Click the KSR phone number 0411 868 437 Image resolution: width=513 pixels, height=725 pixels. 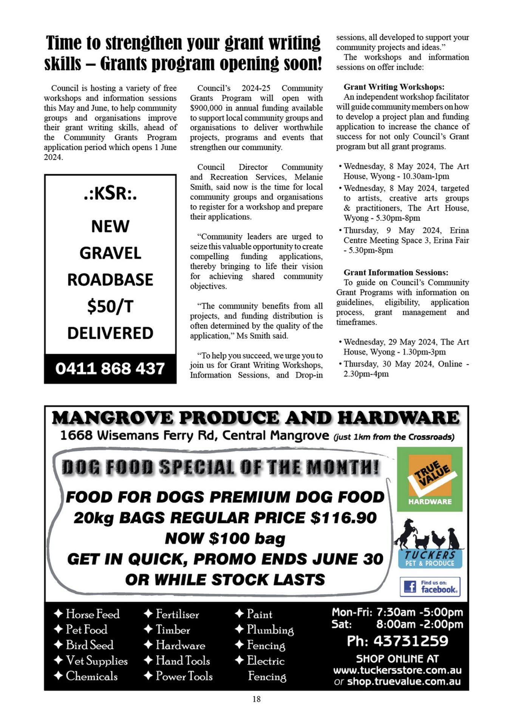click(110, 369)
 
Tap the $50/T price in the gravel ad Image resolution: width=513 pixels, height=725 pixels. click(110, 306)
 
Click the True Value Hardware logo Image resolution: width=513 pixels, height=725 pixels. click(430, 479)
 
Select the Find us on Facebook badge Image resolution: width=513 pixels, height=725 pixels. click(430, 587)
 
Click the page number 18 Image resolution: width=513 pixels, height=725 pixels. click(256, 699)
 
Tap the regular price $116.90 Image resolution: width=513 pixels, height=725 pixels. click(343, 518)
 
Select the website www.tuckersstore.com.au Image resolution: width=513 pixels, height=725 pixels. click(397, 670)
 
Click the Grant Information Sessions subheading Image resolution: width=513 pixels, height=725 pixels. click(396, 272)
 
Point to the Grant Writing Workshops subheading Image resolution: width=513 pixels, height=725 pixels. click(394, 87)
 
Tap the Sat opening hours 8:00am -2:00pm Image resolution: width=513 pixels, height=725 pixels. click(419, 624)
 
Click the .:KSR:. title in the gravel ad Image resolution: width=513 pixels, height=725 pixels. click(110, 193)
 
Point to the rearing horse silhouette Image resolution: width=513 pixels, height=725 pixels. click(405, 533)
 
